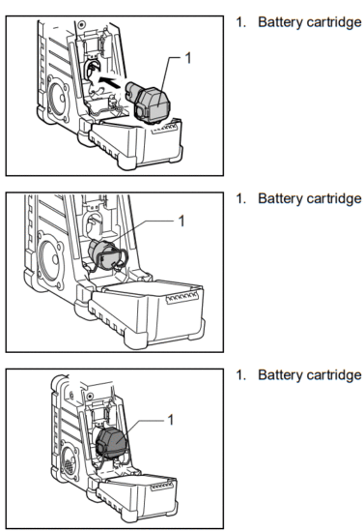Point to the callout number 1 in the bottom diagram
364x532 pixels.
click(171, 419)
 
